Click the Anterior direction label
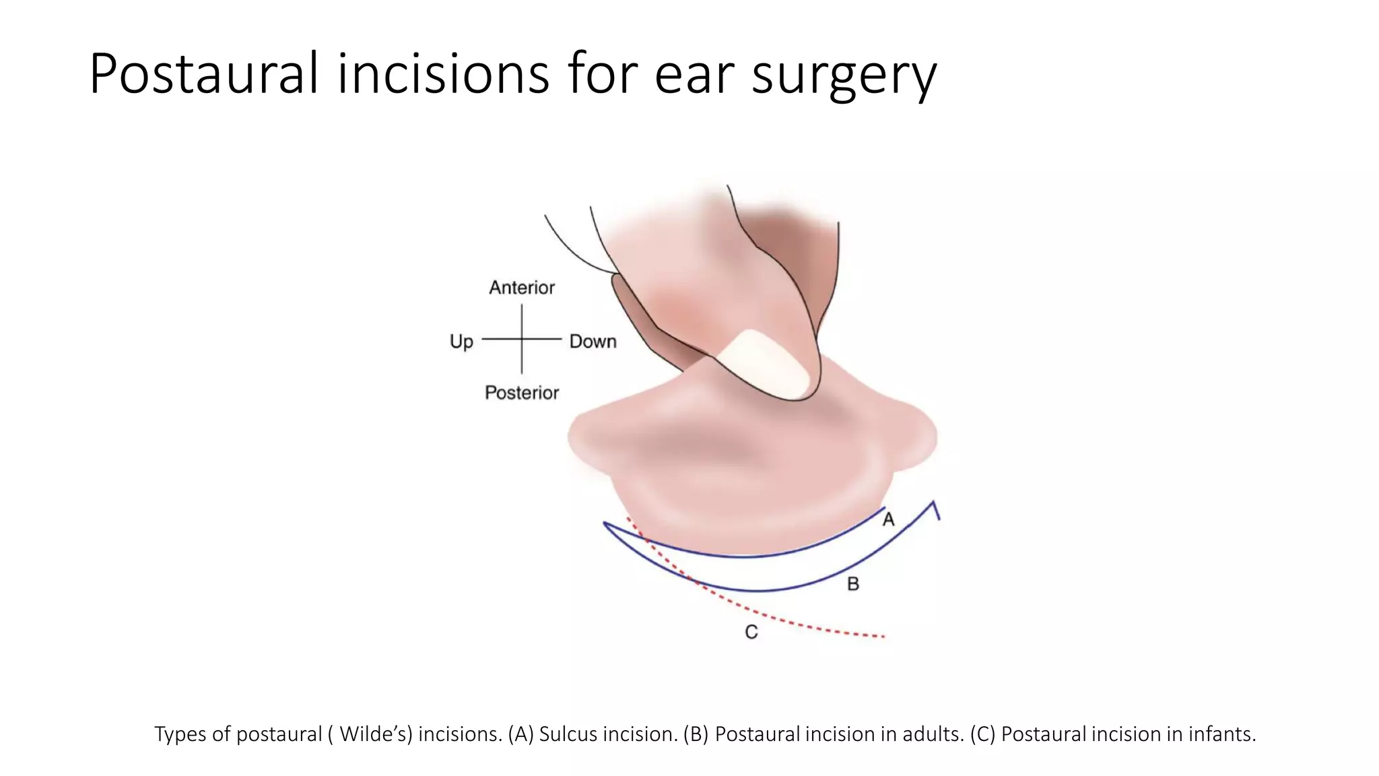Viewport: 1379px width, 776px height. (522, 288)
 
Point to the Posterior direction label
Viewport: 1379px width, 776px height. (522, 393)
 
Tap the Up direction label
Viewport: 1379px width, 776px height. (461, 342)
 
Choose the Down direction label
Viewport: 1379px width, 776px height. (593, 342)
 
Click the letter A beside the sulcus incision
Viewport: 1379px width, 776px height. (889, 519)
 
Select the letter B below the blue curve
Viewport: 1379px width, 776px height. (852, 584)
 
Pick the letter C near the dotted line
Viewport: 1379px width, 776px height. (751, 632)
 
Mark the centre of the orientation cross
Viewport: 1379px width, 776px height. (522, 339)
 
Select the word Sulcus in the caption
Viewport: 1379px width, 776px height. (568, 734)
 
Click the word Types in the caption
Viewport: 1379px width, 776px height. (180, 734)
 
